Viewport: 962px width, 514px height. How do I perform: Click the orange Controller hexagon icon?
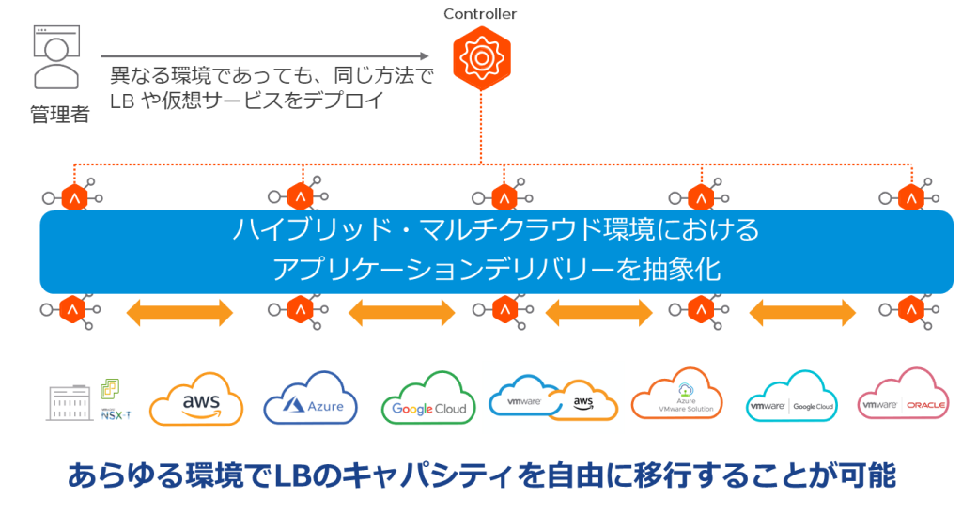point(480,57)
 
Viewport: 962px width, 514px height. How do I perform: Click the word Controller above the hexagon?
point(480,14)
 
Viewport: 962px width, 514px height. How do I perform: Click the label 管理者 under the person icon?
point(60,115)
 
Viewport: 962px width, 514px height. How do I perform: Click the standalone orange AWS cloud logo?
point(196,401)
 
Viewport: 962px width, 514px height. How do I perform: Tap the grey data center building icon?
point(69,402)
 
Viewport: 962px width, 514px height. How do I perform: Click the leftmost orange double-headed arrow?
point(179,313)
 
